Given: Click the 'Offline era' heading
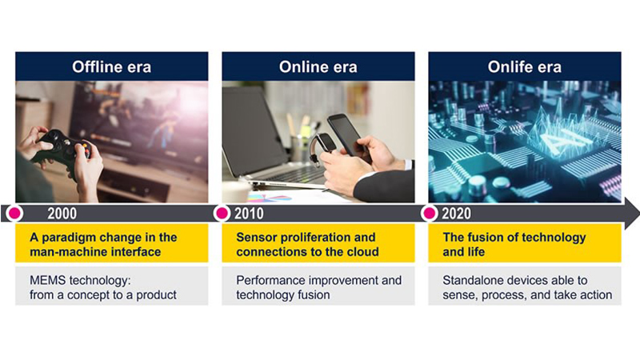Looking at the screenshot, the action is (111, 67).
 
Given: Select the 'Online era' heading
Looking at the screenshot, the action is (318, 67).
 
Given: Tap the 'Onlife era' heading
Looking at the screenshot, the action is (525, 67).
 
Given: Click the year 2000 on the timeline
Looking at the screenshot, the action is (62, 214).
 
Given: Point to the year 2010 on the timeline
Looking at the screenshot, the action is (249, 214).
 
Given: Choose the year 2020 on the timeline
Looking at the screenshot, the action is (456, 214).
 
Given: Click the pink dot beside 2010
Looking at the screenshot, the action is (222, 213).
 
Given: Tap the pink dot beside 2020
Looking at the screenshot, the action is (430, 213).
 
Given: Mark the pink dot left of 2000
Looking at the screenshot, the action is (14, 213).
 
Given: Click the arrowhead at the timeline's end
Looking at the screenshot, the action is (632, 214).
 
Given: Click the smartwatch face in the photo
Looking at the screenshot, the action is (326, 142).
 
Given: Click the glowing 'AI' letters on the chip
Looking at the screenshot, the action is (565, 142).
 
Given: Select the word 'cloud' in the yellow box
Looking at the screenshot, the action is (363, 252).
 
